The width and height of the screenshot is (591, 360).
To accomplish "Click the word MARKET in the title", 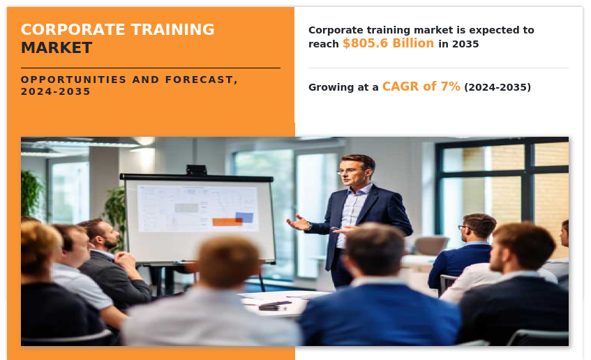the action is click(x=57, y=48).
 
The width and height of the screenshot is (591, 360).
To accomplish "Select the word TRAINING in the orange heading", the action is click(x=172, y=29).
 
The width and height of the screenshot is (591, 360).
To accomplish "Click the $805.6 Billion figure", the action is click(x=388, y=43).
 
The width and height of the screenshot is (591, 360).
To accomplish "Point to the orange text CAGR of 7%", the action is click(x=421, y=87).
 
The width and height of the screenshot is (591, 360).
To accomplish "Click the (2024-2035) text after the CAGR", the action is click(x=498, y=87).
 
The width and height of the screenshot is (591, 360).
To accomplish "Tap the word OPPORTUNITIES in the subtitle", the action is click(x=73, y=80).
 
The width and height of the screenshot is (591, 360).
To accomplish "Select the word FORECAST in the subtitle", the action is click(x=200, y=80).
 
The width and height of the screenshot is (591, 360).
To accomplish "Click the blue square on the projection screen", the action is click(x=244, y=218).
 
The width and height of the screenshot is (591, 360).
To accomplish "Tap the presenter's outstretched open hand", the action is click(x=299, y=223).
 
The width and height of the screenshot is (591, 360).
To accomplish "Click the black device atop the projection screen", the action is click(x=196, y=170).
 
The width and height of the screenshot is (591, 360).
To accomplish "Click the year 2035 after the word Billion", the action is click(x=465, y=44).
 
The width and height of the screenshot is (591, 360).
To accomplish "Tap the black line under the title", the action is click(x=151, y=68).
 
